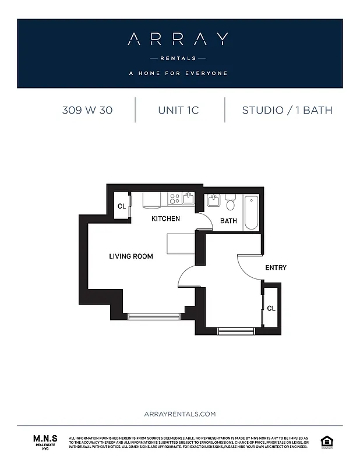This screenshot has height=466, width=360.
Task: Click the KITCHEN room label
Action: [165, 219]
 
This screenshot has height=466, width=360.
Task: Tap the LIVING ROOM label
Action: [131, 256]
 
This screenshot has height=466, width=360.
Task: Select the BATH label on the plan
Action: [228, 221]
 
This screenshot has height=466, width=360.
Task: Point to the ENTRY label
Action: [276, 268]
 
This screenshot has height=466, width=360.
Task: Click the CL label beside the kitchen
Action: [122, 206]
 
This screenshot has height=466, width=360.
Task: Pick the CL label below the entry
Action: [271, 308]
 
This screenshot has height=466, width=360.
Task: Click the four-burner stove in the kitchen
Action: [174, 199]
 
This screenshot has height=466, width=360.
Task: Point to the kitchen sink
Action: [188, 199]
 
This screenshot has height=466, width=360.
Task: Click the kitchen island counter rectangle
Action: [180, 243]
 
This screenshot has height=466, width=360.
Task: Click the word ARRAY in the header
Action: [178, 40]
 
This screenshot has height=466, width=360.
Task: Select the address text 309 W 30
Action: [87, 110]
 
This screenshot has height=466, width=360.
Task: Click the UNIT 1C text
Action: [178, 110]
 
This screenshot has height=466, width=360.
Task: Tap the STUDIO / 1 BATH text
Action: [287, 110]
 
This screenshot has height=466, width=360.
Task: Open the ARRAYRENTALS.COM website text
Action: [179, 414]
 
